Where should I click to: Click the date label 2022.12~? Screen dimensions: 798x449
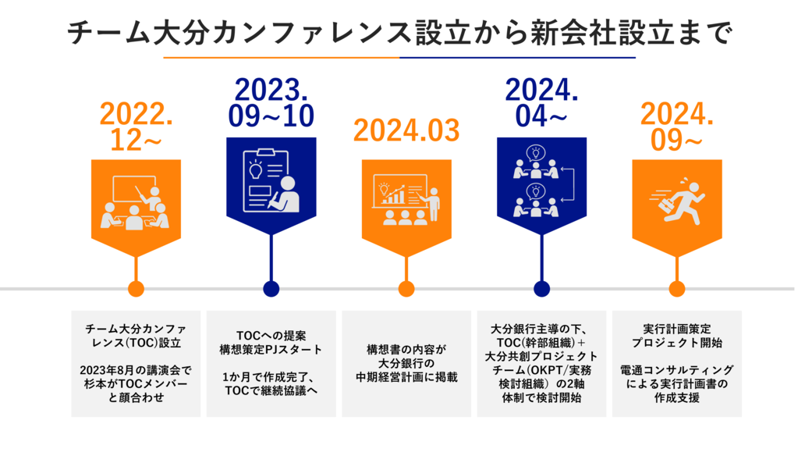[x=136, y=127]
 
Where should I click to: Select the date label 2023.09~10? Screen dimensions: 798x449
[x=271, y=103]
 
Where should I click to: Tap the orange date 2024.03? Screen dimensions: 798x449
[x=406, y=130]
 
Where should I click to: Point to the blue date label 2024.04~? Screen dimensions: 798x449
[x=541, y=103]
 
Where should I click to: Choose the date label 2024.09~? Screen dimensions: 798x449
[x=677, y=127]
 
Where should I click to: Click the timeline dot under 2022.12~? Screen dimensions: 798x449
[x=136, y=288]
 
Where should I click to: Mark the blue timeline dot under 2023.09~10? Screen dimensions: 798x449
[x=271, y=288]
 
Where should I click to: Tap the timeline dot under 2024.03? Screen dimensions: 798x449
[x=406, y=288]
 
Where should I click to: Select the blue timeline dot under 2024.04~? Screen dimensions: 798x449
[x=541, y=288]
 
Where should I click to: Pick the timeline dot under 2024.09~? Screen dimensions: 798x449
[x=677, y=288]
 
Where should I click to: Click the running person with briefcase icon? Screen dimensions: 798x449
[x=677, y=201]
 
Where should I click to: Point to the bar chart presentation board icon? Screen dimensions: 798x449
[x=406, y=199]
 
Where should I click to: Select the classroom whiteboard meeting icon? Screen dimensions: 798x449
[x=136, y=202]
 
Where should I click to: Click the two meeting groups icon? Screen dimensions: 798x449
[x=543, y=181]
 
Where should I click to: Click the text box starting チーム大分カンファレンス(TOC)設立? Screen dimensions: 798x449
[x=136, y=363]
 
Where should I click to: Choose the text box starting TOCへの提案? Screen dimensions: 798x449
[x=271, y=363]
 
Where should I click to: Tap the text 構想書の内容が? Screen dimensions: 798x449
[x=406, y=350]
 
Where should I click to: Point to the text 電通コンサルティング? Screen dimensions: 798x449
[x=677, y=369]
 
